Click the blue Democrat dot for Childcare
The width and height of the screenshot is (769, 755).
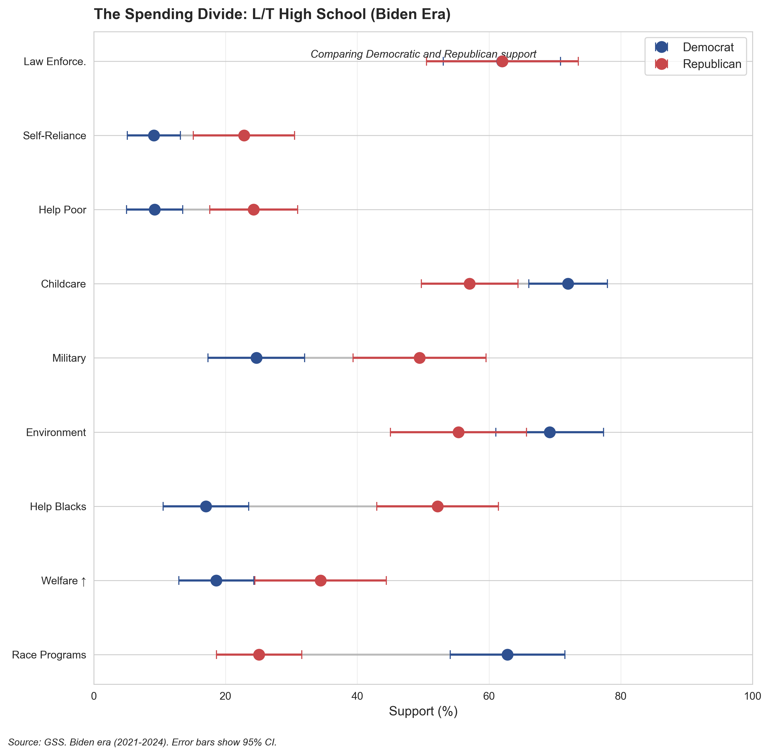click(x=568, y=284)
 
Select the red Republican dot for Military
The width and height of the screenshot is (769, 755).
click(x=419, y=358)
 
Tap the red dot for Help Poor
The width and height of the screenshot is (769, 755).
click(x=254, y=210)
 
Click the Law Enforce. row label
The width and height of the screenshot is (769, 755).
click(x=55, y=62)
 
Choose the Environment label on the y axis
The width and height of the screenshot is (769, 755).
click(x=56, y=433)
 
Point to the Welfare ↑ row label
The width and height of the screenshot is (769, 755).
click(x=63, y=581)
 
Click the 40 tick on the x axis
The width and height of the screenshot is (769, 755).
click(x=357, y=697)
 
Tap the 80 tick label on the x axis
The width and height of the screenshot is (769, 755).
click(x=621, y=697)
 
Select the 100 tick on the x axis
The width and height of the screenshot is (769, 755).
click(x=752, y=697)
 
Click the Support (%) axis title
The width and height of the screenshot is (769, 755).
click(x=423, y=711)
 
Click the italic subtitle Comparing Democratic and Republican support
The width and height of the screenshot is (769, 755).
click(x=423, y=54)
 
